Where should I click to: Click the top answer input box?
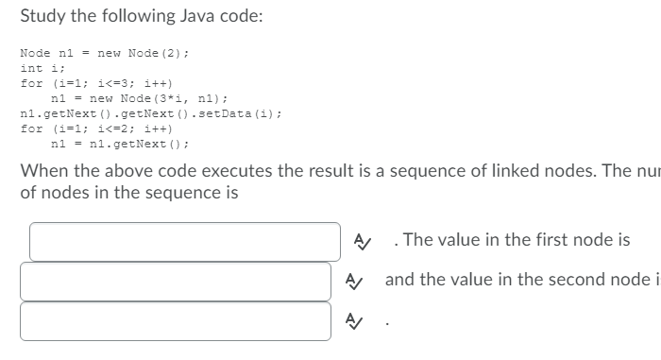(x=184, y=241)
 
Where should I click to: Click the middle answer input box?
(x=176, y=281)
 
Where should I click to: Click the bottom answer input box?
(x=176, y=320)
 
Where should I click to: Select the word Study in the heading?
(x=42, y=16)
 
